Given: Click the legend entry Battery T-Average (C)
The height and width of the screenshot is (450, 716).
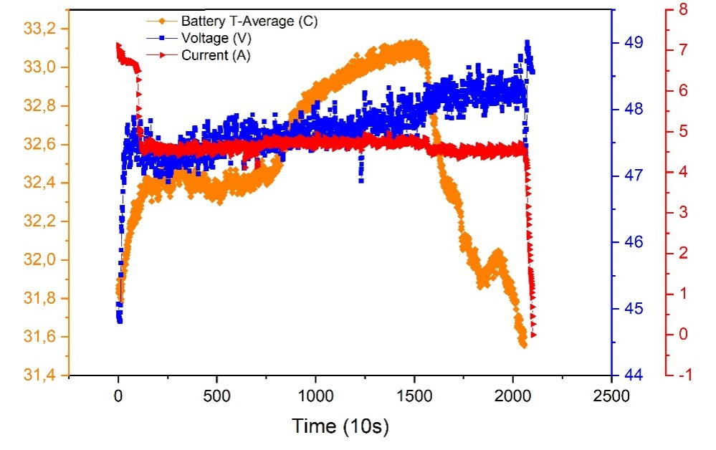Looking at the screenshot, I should pyautogui.click(x=249, y=21).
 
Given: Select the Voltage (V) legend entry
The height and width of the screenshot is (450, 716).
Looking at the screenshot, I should pyautogui.click(x=216, y=38).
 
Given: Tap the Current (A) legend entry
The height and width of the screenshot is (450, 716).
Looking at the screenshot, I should pyautogui.click(x=216, y=55).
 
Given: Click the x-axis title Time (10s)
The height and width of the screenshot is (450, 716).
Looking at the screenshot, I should pyautogui.click(x=340, y=426).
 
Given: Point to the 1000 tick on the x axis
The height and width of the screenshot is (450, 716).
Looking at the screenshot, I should pyautogui.click(x=316, y=394).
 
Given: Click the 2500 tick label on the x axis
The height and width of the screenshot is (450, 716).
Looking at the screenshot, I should pyautogui.click(x=611, y=394).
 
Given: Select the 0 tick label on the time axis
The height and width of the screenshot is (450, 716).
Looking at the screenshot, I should pyautogui.click(x=118, y=394).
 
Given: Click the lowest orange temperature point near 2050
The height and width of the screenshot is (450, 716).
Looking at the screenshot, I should pyautogui.click(x=523, y=345).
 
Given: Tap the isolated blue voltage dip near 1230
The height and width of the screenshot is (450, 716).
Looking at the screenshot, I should pyautogui.click(x=361, y=180).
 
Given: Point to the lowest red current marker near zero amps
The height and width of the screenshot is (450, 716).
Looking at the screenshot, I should pyautogui.click(x=533, y=335).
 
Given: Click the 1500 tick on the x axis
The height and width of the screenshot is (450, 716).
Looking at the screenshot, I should pyautogui.click(x=414, y=394).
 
